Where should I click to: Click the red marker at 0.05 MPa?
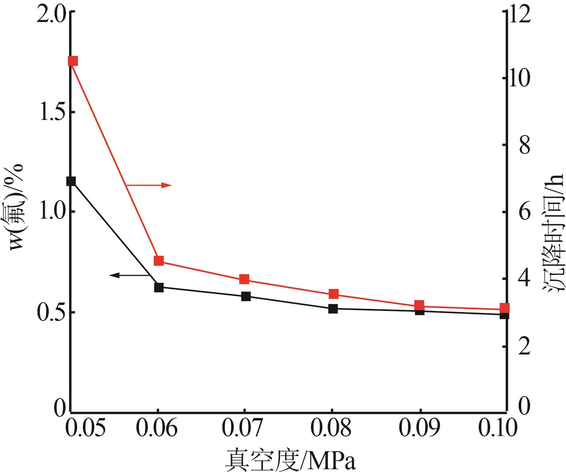click(73, 61)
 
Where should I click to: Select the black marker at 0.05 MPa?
click(71, 181)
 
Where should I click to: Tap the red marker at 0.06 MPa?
click(159, 261)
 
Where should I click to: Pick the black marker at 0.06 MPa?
click(159, 287)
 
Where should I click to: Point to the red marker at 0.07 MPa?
click(244, 279)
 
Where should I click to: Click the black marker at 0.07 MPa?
click(246, 296)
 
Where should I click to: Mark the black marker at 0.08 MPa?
click(333, 309)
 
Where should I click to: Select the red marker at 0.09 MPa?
click(419, 306)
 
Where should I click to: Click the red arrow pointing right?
click(149, 185)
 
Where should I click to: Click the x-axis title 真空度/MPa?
click(290, 460)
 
